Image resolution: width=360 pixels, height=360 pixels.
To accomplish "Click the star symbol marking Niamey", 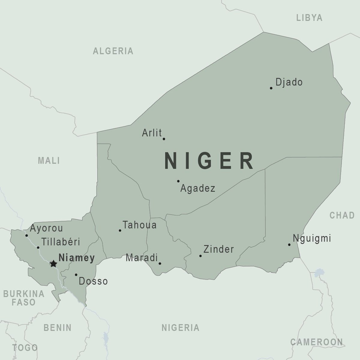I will [53, 264].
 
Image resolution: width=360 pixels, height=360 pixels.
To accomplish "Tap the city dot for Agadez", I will [178, 181].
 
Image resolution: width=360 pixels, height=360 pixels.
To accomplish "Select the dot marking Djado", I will [271, 88].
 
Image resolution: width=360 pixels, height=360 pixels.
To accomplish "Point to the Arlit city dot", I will [164, 139].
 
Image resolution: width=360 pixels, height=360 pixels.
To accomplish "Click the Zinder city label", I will [218, 249].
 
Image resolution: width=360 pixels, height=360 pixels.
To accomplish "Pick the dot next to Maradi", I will [160, 264].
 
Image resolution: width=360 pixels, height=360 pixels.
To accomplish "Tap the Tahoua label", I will [139, 225].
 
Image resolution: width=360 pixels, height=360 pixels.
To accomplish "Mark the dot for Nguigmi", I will [289, 245].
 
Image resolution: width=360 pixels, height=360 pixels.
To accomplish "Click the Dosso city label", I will [93, 281].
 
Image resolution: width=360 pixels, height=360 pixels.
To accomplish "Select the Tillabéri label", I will [61, 242].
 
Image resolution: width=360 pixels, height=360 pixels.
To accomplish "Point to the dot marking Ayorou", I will [26, 235].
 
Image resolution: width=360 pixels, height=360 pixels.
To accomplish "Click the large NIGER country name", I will [209, 161].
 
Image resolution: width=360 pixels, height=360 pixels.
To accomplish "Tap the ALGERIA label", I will [113, 51].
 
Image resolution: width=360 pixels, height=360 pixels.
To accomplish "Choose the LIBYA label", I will [309, 18].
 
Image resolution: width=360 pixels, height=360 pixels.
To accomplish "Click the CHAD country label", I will [342, 215].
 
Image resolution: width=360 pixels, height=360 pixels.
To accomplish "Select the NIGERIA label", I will [181, 328].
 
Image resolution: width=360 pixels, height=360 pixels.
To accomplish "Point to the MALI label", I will [49, 160].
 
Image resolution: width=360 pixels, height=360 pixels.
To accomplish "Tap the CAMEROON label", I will [316, 342].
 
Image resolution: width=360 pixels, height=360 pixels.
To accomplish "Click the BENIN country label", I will [58, 328].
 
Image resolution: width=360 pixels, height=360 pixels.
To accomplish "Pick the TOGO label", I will [25, 348].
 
